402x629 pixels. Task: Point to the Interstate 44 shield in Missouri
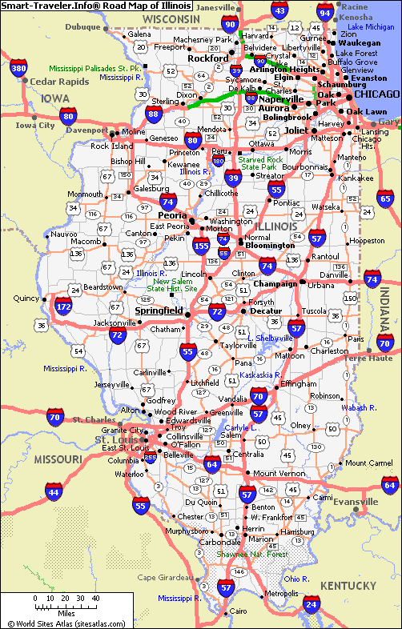(x=54, y=492)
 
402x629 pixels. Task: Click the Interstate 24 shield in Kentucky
(x=310, y=603)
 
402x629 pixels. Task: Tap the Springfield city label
(x=159, y=310)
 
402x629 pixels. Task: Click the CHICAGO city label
(x=376, y=94)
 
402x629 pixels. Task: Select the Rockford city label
(x=208, y=58)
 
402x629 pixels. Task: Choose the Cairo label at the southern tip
(x=238, y=611)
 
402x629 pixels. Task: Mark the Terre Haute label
(x=368, y=358)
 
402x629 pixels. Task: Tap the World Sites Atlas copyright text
(x=66, y=623)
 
